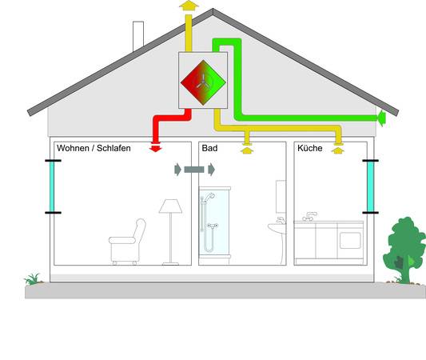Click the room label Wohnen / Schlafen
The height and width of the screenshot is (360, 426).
coord(94,148)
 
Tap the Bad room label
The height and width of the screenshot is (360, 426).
coord(209,148)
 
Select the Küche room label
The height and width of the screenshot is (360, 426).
coord(310,148)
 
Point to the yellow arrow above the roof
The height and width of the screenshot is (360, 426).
coord(189,5)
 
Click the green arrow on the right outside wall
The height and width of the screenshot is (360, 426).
coord(381,118)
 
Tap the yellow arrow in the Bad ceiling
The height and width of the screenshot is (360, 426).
coord(247,150)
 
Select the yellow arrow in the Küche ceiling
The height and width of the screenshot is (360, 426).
coord(338,150)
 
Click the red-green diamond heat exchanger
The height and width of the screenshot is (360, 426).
coord(203,82)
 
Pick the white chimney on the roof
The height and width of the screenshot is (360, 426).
coord(138,36)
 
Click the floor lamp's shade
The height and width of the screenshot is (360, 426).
coord(170,206)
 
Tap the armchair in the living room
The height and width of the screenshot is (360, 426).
coord(127,242)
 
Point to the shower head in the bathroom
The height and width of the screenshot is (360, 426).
coord(209,196)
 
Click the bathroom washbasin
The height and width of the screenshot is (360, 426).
coord(277,227)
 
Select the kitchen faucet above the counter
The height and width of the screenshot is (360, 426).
coord(309,217)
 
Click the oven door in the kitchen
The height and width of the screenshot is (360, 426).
coord(350,240)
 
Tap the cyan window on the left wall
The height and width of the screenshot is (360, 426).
coord(52,186)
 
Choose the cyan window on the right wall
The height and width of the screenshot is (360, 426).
coord(370,186)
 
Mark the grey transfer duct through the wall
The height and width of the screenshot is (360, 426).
coord(194,170)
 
